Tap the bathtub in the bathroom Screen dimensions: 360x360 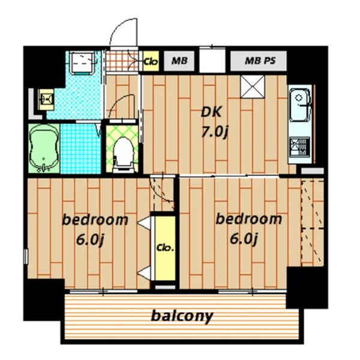click(x=44, y=148)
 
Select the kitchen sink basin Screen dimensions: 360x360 click(x=299, y=105)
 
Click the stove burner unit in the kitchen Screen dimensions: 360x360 click(x=299, y=148)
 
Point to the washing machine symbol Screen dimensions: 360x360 click(x=83, y=62)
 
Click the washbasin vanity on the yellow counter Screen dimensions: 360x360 click(x=47, y=99)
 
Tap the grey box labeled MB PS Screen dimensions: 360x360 click(x=259, y=61)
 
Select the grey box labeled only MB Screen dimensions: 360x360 click(x=179, y=61)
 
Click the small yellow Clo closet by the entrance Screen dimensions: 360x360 click(x=151, y=61)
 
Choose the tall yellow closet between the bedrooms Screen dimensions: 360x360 click(x=165, y=248)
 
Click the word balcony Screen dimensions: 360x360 click(x=182, y=316)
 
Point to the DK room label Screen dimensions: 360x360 click(x=211, y=112)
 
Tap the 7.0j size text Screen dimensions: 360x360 click(x=215, y=132)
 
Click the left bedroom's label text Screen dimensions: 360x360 click(x=95, y=220)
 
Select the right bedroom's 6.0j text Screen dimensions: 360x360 click(x=244, y=239)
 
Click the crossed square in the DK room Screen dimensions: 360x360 click(x=253, y=87)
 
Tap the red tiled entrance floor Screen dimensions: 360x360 click(x=122, y=61)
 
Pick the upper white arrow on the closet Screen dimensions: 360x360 click(x=144, y=223)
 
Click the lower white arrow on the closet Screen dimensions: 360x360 click(x=144, y=273)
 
